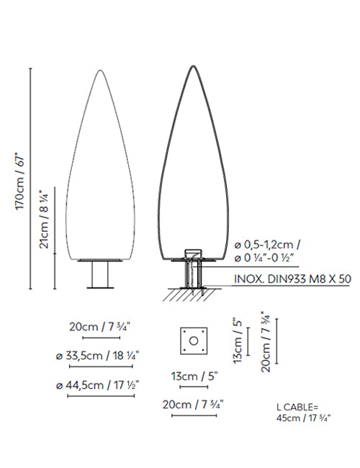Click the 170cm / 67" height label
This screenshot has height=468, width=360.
click(19, 181)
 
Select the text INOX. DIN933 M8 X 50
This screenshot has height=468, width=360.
click(292, 279)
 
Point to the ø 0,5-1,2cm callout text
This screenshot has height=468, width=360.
click(267, 245)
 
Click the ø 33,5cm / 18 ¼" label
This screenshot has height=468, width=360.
click(98, 356)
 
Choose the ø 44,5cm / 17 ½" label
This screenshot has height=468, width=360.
click(98, 385)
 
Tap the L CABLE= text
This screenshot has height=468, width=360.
click(297, 407)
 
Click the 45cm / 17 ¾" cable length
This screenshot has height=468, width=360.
click(304, 418)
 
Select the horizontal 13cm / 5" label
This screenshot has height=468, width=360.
click(194, 376)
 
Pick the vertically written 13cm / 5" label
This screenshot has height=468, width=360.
click(238, 340)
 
